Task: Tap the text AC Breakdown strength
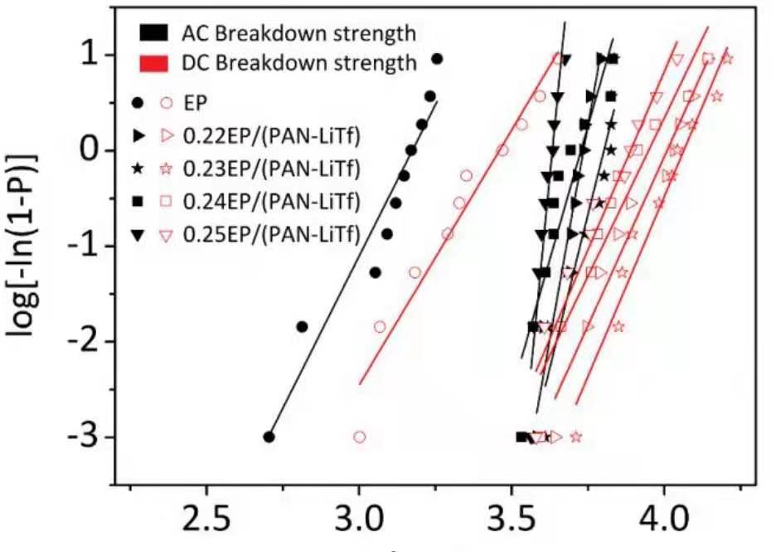point(298,33)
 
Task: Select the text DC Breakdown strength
point(298,62)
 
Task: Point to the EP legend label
point(196,103)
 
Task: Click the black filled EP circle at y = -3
point(269,437)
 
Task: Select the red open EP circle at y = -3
point(359,437)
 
